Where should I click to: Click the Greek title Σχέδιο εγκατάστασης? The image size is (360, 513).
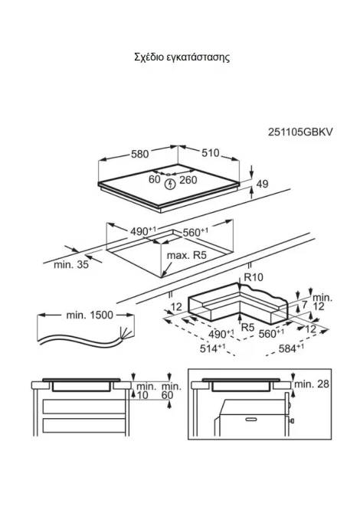tap(182, 57)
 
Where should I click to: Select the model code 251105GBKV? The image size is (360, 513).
tap(300, 132)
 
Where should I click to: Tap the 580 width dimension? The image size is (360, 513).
tap(139, 154)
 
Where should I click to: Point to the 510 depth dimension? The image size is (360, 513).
tap(210, 153)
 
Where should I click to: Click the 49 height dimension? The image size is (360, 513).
tap(262, 184)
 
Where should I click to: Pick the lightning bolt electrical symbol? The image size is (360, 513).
tap(170, 185)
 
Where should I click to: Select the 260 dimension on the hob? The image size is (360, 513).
tap(188, 180)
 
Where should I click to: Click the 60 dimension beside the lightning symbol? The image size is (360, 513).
tap(155, 179)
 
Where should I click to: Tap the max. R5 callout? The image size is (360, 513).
tap(187, 255)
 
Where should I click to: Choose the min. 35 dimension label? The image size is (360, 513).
tap(71, 264)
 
